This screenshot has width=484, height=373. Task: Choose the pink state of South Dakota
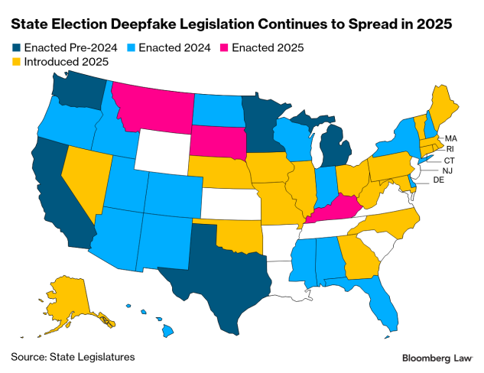click(x=216, y=141)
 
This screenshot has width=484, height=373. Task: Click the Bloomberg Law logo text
click(x=437, y=358)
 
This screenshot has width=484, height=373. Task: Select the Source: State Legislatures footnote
click(x=73, y=356)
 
